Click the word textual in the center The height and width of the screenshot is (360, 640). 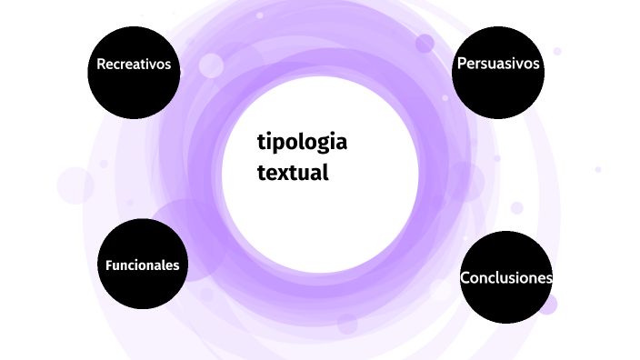pyautogui.click(x=292, y=172)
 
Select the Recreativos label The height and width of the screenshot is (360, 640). pyautogui.click(x=134, y=65)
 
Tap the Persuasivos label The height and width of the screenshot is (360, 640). pyautogui.click(x=498, y=64)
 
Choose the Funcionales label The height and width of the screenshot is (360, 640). pyautogui.click(x=142, y=265)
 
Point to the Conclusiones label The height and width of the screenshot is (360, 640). pyautogui.click(x=506, y=278)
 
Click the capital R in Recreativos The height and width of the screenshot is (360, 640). pyautogui.click(x=101, y=65)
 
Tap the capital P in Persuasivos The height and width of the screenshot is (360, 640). pyautogui.click(x=462, y=64)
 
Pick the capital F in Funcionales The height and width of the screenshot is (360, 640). pyautogui.click(x=109, y=265)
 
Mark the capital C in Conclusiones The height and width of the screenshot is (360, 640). pyautogui.click(x=465, y=278)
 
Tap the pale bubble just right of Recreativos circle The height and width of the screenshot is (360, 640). pyautogui.click(x=211, y=65)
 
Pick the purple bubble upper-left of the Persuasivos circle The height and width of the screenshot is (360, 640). pyautogui.click(x=425, y=43)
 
